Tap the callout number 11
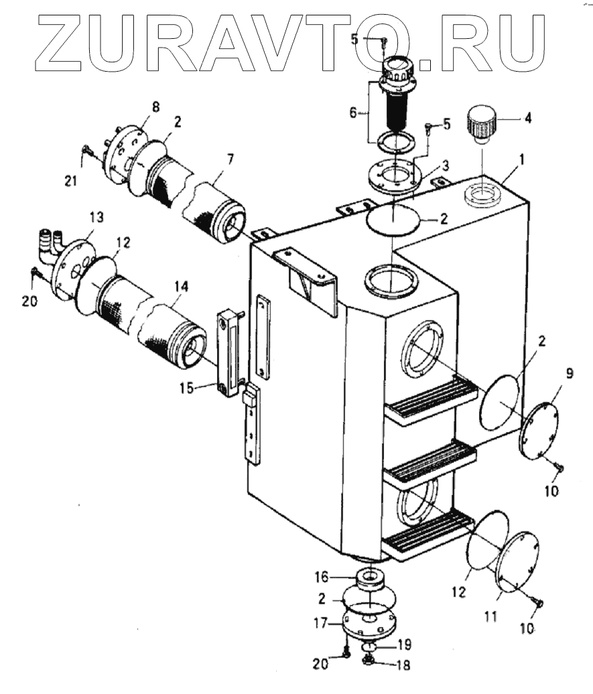pyautogui.click(x=490, y=615)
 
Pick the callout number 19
pyautogui.click(x=403, y=645)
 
